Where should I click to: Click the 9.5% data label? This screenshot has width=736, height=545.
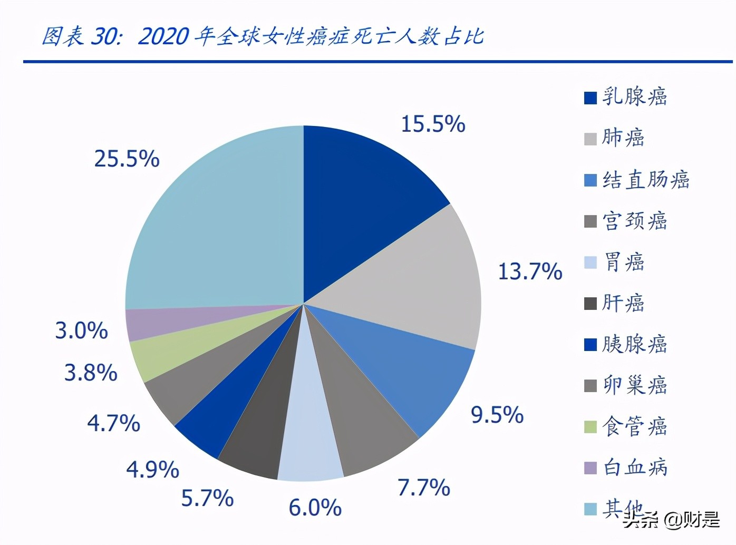[497, 415]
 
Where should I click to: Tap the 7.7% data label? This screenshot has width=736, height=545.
[423, 488]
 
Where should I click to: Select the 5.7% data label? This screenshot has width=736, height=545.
[207, 498]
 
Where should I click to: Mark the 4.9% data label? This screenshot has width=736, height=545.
[152, 469]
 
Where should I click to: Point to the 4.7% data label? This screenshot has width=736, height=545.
[113, 423]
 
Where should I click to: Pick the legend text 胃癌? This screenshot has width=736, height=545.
[624, 262]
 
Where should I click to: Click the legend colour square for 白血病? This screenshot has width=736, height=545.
[590, 468]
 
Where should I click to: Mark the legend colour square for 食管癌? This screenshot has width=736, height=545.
[590, 426]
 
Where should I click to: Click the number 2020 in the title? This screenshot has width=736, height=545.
[163, 37]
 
